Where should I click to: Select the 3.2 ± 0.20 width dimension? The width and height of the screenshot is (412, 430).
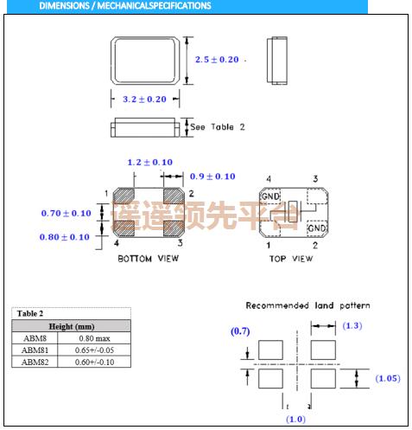[x=144, y=99]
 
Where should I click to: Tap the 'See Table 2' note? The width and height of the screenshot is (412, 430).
[x=217, y=126]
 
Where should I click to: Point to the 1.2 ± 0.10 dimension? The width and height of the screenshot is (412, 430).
[x=149, y=162]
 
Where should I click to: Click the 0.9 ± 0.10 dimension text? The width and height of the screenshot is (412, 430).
[x=212, y=176]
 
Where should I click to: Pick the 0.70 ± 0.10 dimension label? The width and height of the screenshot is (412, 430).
[x=66, y=213]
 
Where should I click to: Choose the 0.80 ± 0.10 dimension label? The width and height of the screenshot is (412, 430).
[x=66, y=236]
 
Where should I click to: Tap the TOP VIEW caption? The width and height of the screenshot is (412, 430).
[x=290, y=259]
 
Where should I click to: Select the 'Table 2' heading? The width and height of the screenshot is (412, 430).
[x=29, y=313]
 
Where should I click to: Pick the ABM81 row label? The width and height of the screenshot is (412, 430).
[x=35, y=350]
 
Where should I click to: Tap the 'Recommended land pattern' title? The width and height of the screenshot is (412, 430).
[x=307, y=305]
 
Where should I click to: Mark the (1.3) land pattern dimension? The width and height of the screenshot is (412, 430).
[x=352, y=324]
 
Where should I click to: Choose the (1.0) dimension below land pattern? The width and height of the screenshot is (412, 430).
[x=296, y=420]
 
